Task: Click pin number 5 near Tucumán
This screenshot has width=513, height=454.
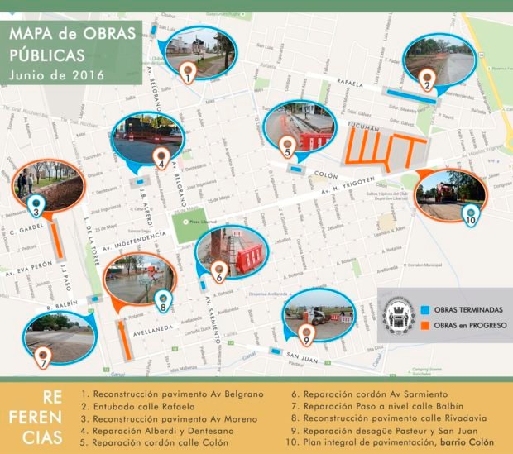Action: (x=287, y=148)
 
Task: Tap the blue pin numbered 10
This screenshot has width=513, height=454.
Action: (x=471, y=217)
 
